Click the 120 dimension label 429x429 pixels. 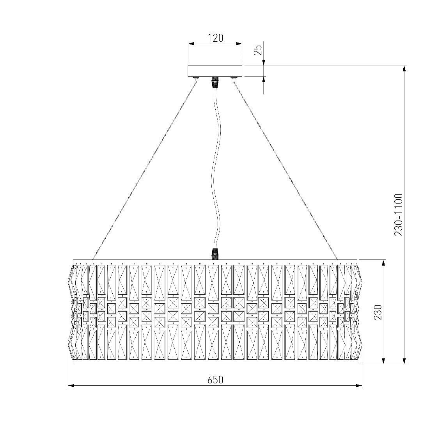point(215,38)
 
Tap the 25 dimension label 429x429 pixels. point(258,50)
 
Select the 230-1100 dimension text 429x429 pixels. point(398,214)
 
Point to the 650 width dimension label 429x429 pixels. point(215,380)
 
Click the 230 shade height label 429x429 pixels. point(378,312)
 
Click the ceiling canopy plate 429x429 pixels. point(215,71)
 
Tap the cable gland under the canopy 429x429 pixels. point(215,82)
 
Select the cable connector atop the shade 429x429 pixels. point(215,254)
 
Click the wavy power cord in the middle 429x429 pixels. point(215,167)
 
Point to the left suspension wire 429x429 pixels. point(144,169)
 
